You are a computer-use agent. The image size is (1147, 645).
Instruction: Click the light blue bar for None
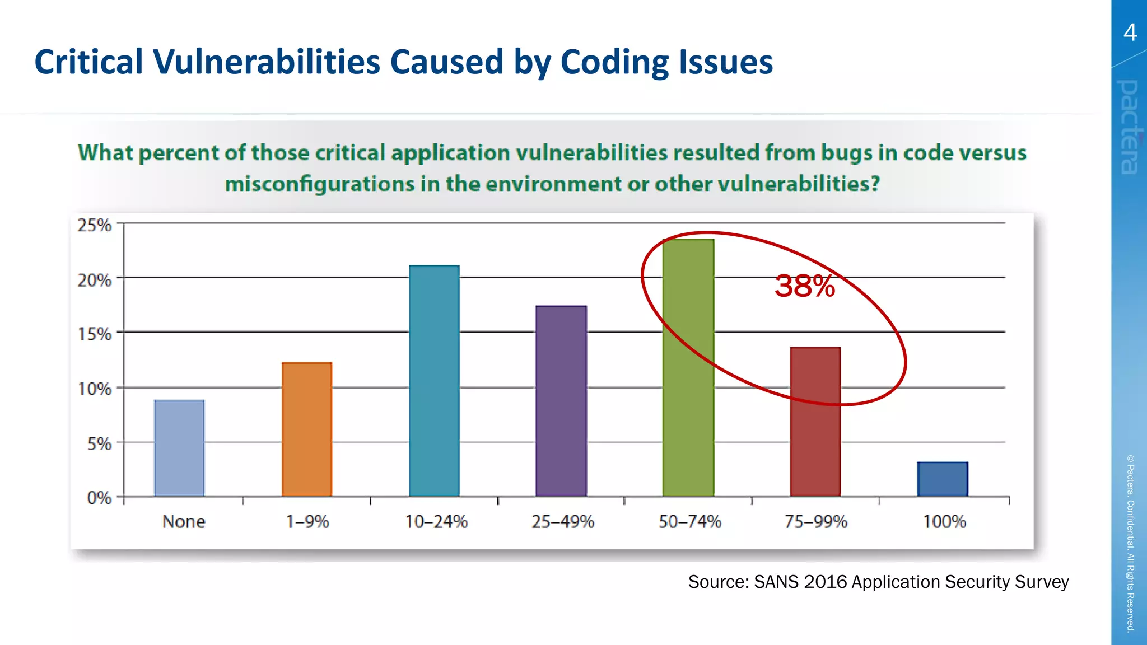[179, 448]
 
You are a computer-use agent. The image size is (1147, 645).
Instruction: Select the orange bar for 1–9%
[307, 429]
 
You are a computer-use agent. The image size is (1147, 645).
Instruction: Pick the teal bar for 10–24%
[434, 381]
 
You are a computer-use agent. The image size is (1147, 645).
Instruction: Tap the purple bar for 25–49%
[561, 401]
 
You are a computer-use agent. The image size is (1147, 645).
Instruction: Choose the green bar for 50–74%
[688, 368]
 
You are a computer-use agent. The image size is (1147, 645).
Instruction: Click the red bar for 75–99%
[815, 422]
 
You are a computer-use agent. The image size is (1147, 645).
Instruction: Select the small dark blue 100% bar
[943, 479]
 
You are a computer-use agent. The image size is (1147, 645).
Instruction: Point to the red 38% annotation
[805, 286]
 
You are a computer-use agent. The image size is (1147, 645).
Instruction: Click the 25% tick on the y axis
[95, 225]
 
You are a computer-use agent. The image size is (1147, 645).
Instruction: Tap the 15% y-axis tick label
[95, 334]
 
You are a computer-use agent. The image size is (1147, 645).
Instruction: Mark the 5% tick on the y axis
[99, 444]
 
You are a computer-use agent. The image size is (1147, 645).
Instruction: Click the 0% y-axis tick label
[99, 498]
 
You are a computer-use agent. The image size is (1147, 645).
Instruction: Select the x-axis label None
[184, 522]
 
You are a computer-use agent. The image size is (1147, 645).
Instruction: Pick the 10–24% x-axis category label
[436, 522]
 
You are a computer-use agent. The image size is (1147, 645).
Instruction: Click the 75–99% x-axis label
[816, 522]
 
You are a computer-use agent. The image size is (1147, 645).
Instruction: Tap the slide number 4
[1130, 32]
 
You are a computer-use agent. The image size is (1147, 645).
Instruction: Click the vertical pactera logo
[1129, 127]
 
